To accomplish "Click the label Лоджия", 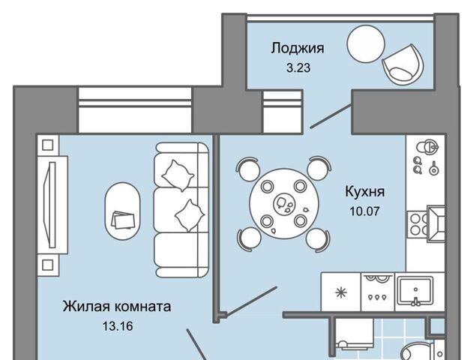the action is [x=298, y=49].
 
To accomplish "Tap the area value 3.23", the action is [x=298, y=68].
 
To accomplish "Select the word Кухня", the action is [x=365, y=192].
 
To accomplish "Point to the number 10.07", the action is [x=365, y=211].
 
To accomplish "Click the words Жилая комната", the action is [x=117, y=307].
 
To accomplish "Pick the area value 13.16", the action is [x=118, y=326].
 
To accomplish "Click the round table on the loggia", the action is [x=366, y=44].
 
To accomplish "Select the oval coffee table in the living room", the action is [x=122, y=211].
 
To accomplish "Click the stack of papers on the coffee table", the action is [x=122, y=220].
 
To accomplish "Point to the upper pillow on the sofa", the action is [x=178, y=175].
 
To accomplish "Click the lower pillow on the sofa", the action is [x=190, y=215].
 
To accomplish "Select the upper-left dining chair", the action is [x=248, y=169].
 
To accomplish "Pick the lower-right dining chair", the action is [x=318, y=239].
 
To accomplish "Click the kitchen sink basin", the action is [x=415, y=291].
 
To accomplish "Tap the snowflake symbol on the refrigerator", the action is [x=341, y=292].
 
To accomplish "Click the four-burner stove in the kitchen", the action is [x=418, y=224].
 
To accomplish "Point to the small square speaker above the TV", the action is [x=48, y=145].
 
